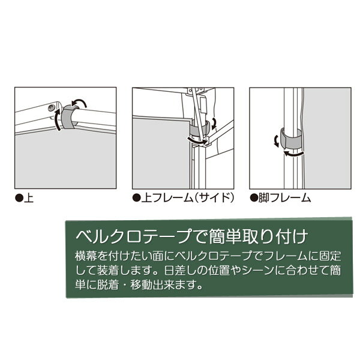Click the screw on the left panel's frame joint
51,107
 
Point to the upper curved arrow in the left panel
79,103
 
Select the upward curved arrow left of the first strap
58,120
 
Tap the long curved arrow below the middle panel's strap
197,141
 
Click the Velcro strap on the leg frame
292,138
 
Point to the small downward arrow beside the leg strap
277,141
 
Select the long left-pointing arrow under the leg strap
294,154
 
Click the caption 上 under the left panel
29,197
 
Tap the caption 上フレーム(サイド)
188,197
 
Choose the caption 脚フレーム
284,197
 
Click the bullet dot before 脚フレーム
254,197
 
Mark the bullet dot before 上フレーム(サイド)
136,198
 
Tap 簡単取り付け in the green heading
258,237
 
